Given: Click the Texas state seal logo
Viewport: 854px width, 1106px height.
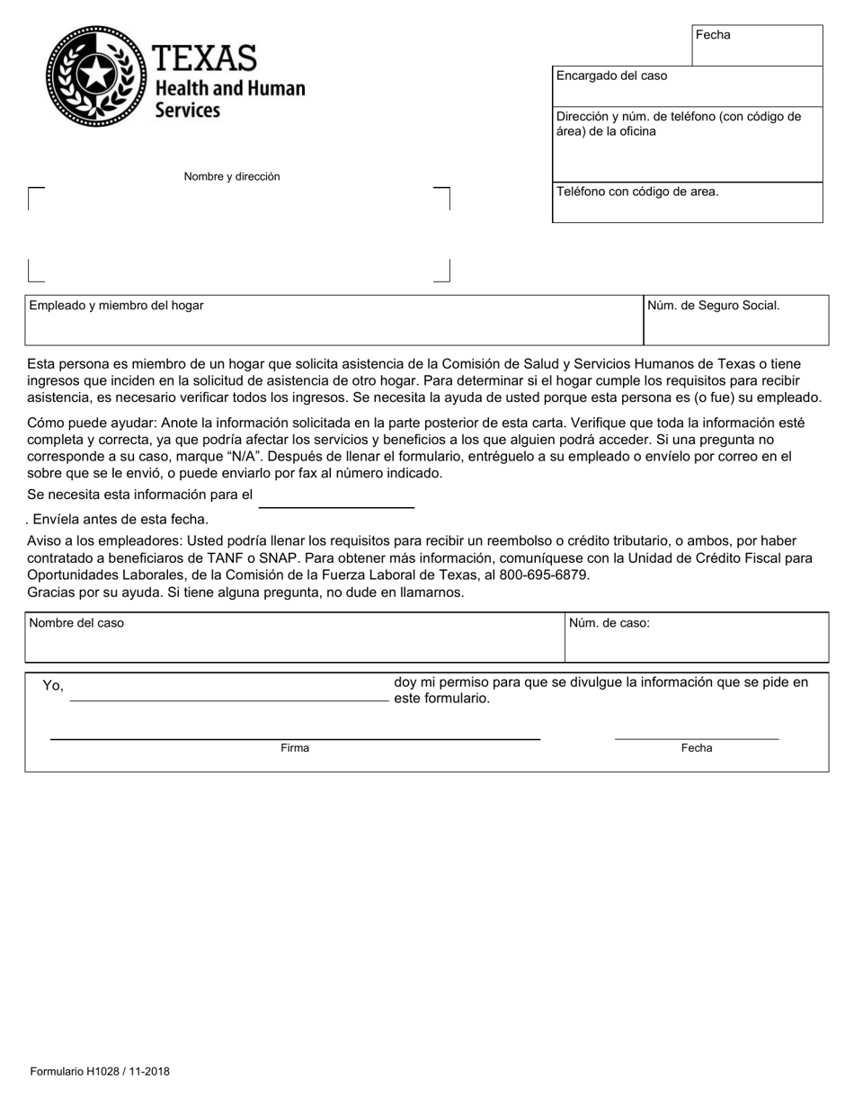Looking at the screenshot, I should coord(96,76).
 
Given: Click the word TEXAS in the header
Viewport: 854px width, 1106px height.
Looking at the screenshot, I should coord(205,59).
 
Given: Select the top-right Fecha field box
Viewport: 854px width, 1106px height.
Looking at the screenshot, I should coord(757,46).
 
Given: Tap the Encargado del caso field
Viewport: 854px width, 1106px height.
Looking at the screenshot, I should coord(687,86).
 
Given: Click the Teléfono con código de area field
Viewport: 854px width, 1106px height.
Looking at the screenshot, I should coord(687,203).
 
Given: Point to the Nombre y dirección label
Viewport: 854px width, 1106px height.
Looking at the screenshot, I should coord(232,177).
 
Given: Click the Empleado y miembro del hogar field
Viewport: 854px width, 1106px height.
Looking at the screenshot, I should coord(334,321).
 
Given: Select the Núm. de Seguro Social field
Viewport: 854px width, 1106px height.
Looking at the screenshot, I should coord(735,321).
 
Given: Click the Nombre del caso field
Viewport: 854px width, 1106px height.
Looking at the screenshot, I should coord(294,638).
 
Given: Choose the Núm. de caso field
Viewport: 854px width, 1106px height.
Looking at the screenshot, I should coord(696,638).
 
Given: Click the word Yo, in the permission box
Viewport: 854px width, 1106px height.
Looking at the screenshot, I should coord(53,686).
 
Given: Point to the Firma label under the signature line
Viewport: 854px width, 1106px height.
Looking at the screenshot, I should coord(295,748).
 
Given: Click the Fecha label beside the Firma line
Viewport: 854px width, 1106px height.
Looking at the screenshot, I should coord(697,748).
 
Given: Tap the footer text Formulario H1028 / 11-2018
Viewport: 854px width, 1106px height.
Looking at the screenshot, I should coord(100,1072).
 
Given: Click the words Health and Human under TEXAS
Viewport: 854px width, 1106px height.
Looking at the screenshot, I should coord(230,89).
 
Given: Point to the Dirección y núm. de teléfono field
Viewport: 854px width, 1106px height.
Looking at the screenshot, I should coord(687,144).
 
